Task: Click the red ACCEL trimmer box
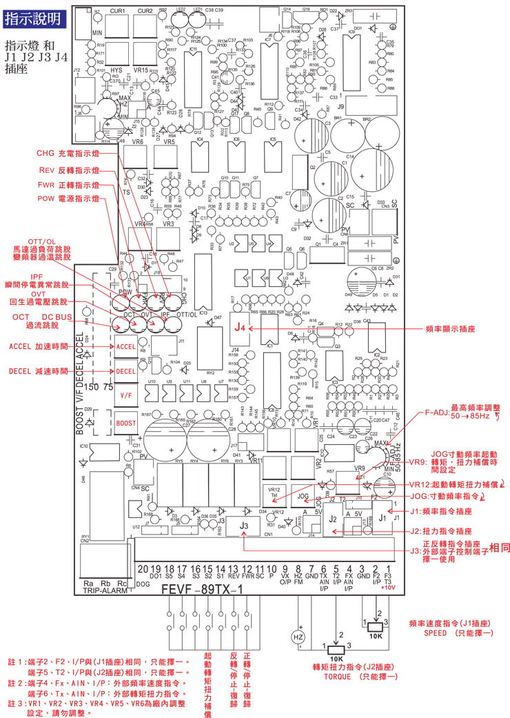click(125, 346)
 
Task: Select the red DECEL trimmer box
click(125, 371)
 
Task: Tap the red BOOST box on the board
click(125, 423)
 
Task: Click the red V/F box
click(125, 397)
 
